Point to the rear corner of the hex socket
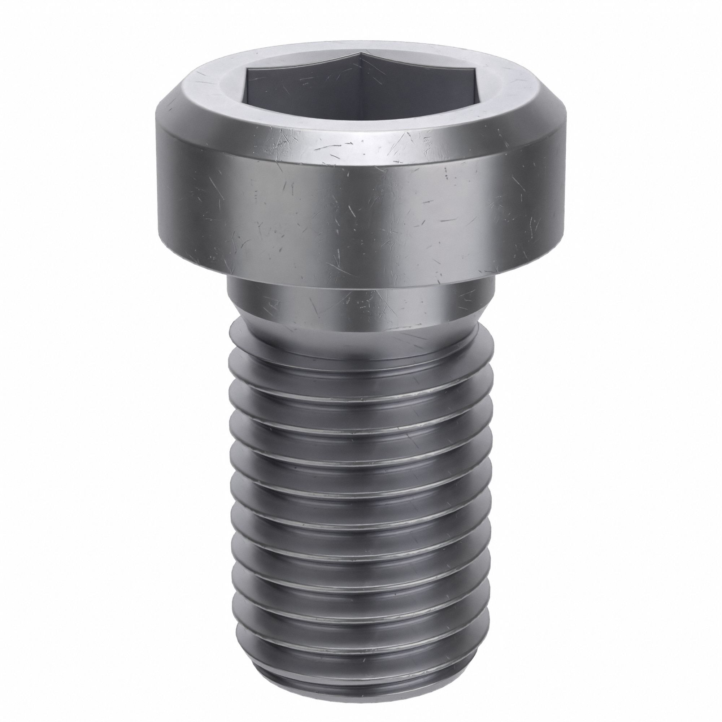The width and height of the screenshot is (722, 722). pos(361,54)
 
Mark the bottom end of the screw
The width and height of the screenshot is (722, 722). pos(361,682)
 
